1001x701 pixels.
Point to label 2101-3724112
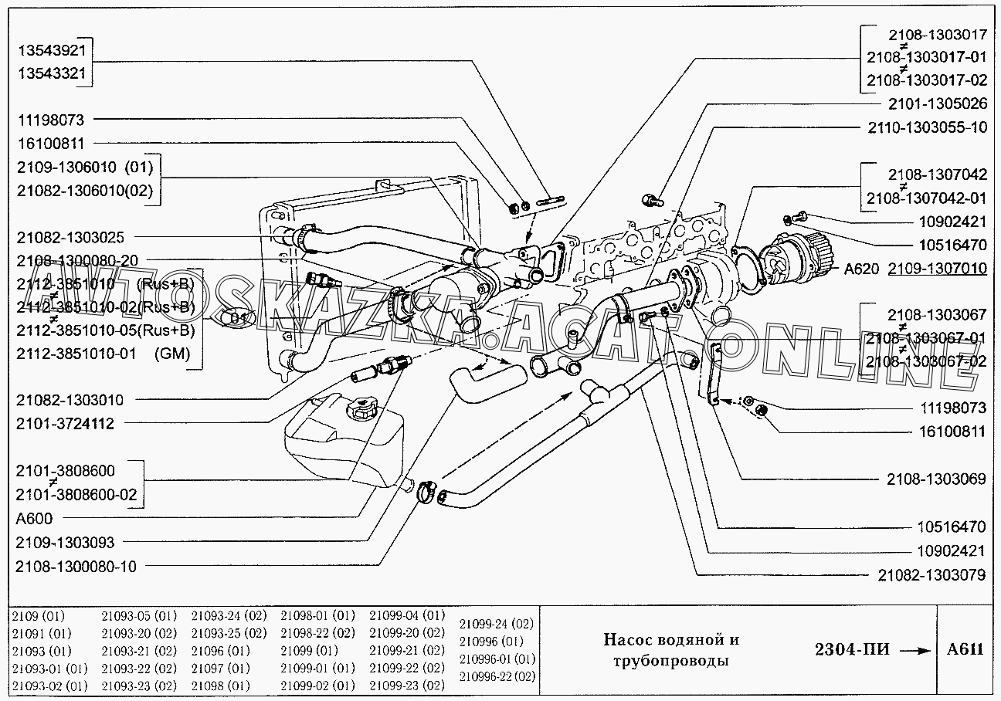(65, 423)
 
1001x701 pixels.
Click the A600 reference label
(34, 519)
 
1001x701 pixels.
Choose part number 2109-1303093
(65, 543)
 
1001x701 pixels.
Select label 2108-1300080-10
(76, 567)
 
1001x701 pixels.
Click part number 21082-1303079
(931, 574)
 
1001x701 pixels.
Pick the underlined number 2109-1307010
(937, 269)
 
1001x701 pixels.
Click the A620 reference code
(862, 269)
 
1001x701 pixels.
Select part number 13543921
(53, 49)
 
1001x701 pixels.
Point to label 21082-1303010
(70, 400)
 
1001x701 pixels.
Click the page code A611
(965, 649)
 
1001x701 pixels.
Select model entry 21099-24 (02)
(496, 624)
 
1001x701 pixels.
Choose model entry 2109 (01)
(39, 616)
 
